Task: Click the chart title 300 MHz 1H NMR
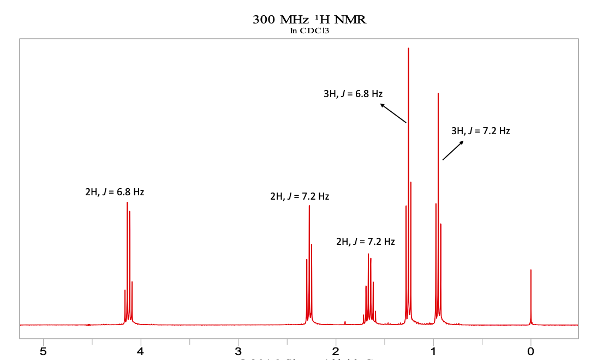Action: tap(309, 20)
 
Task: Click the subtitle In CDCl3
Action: tap(309, 31)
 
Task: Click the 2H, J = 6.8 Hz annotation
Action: tap(115, 192)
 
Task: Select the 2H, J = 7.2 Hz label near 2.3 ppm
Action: tap(300, 196)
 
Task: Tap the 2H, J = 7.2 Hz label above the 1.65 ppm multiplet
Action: tap(365, 242)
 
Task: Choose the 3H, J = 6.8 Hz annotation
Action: tap(353, 94)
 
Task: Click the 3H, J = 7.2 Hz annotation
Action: tap(481, 131)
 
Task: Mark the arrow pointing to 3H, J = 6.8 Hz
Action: tap(393, 113)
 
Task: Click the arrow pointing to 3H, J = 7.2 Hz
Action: tap(453, 150)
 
